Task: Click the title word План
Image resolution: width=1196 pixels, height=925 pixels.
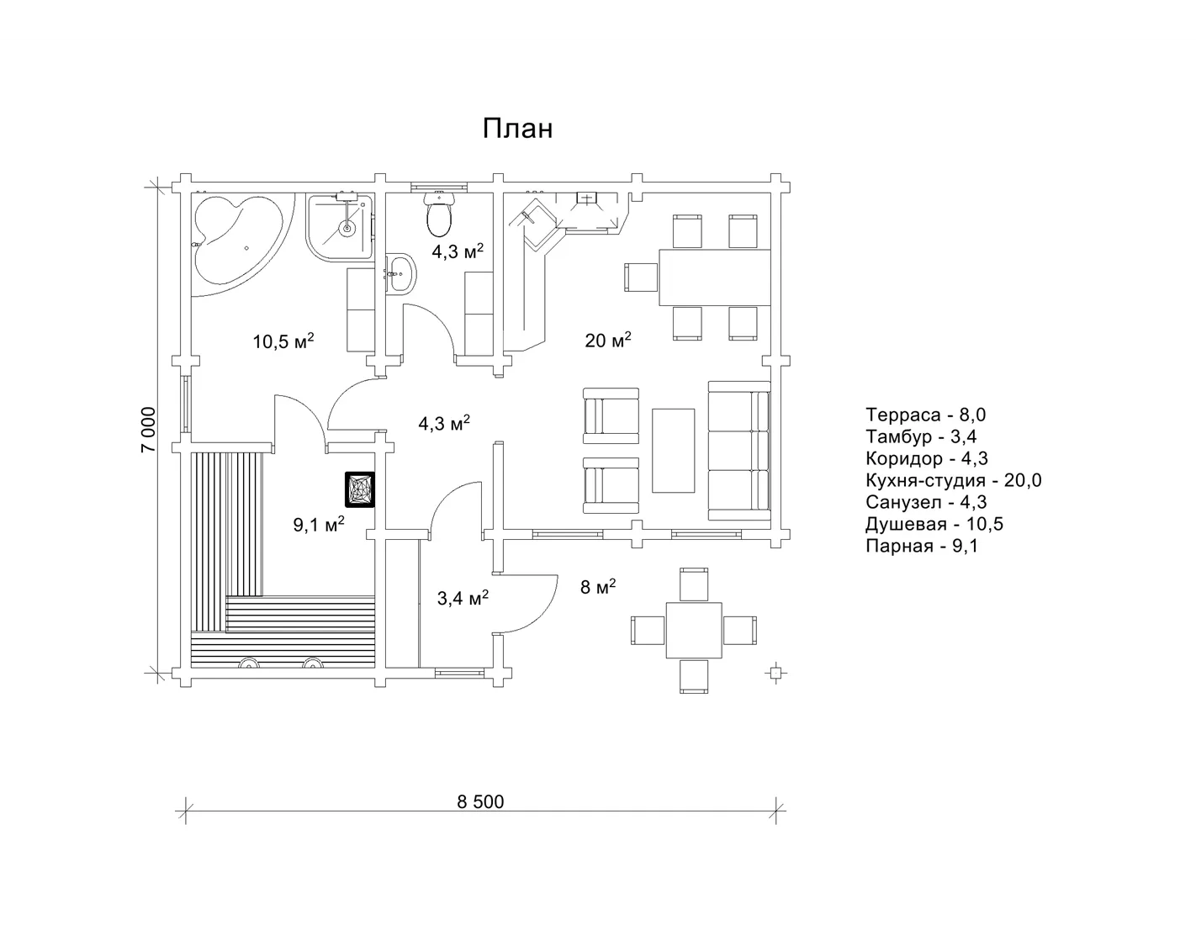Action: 517,129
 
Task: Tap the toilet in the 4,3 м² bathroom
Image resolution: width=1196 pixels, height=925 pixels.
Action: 439,214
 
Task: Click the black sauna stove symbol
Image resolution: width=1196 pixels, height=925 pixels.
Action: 360,489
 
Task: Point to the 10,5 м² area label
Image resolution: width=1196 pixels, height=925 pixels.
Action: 283,341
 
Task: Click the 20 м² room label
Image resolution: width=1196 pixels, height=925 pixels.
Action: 607,340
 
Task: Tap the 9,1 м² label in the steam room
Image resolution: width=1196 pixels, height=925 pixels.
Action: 319,524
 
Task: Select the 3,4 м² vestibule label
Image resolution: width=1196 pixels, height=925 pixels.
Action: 463,598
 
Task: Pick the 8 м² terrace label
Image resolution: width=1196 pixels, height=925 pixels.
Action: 598,587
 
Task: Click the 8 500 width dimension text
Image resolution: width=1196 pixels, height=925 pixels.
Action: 480,801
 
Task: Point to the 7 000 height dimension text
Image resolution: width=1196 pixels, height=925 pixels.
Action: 149,430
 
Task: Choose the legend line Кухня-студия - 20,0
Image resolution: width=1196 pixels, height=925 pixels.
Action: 953,480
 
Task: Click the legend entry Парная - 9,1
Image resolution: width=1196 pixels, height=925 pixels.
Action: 922,546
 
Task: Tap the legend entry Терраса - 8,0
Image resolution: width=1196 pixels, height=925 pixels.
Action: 926,415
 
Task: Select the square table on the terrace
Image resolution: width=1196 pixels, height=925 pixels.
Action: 694,630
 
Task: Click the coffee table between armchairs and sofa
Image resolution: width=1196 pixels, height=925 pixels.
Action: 673,451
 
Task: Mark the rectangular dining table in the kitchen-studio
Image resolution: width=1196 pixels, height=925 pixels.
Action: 715,277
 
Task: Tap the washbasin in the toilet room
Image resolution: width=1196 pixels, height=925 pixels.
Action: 400,272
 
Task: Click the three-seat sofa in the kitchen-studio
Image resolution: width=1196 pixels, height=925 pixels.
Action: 739,450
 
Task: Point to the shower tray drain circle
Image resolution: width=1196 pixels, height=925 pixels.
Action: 347,227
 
